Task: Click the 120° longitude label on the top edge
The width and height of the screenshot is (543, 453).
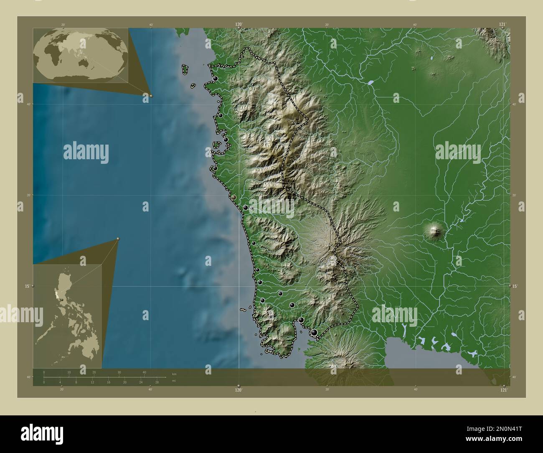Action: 239,25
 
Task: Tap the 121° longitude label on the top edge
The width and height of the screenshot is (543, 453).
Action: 504,25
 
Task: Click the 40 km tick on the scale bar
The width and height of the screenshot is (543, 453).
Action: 144,372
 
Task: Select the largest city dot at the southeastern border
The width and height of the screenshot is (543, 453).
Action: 314,332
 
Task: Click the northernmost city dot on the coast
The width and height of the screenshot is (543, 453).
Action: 215,79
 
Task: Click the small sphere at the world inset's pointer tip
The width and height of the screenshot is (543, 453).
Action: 151,96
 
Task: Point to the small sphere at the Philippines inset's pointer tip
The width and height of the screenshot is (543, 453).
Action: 118,239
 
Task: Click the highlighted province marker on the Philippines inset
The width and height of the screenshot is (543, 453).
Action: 62,299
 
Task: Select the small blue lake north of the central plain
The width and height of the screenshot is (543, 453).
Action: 370,82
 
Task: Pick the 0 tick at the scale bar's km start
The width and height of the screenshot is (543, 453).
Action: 44,372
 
